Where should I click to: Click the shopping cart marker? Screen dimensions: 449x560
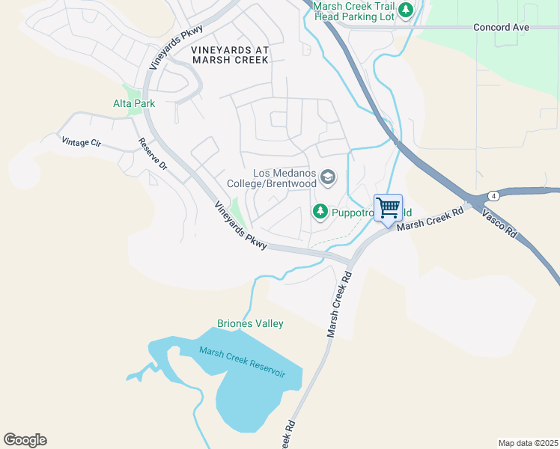coord(388,208)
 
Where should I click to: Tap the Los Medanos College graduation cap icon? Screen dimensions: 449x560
coord(327,177)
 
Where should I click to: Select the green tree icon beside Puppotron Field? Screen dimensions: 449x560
coord(320,213)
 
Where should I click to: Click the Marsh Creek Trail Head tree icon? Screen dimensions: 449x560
coord(406,10)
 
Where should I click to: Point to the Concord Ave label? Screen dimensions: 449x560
coord(501,27)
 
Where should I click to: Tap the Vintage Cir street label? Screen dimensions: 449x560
coord(81,141)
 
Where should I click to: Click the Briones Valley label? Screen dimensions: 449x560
coord(250,323)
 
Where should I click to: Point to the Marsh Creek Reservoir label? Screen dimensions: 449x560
coord(242,361)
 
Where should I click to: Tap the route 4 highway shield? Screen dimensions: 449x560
coord(493,196)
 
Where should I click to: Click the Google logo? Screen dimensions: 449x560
coord(25,440)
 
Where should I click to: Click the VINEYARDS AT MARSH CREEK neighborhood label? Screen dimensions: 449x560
coord(229,55)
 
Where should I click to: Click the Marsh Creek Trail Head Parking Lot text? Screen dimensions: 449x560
coord(353,10)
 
